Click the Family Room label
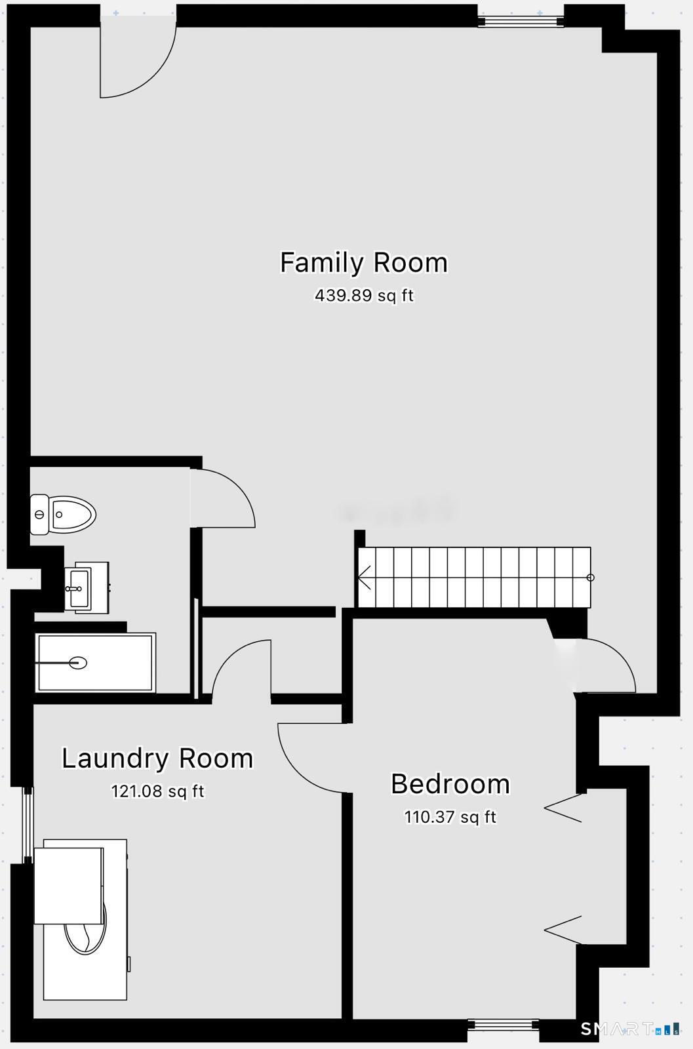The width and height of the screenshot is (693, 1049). tap(363, 262)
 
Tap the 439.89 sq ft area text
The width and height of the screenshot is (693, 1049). tap(364, 296)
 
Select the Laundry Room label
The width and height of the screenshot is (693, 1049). tap(157, 759)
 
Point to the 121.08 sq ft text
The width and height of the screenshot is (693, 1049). tap(157, 791)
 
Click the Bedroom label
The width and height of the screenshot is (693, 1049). tap(450, 784)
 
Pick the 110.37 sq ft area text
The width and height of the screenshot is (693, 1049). tap(450, 818)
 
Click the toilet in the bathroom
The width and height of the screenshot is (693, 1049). tap(63, 515)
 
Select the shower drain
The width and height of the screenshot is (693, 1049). tap(78, 663)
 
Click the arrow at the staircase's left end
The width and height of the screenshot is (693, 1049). tap(365, 578)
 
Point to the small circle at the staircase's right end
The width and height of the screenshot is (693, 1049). tap(590, 578)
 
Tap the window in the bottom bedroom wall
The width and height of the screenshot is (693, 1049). tap(504, 1025)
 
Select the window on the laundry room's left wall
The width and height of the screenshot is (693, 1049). tap(28, 825)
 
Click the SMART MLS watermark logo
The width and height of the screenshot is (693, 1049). tap(629, 1028)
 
